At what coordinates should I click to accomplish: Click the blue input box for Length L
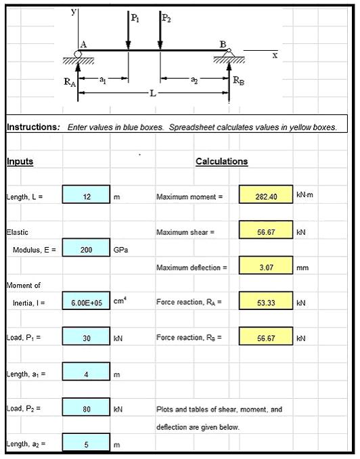[x=86, y=196]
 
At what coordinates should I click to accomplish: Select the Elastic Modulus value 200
[x=86, y=249]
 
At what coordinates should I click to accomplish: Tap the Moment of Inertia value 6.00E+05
[x=86, y=303]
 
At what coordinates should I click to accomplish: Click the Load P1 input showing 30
[x=86, y=337]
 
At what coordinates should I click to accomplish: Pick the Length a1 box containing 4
[x=86, y=372]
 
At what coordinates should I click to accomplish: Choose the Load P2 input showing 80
[x=86, y=408]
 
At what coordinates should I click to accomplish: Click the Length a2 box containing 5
[x=86, y=444]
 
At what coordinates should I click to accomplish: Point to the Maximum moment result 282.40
[x=265, y=196]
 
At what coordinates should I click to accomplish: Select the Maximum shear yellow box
[x=265, y=232]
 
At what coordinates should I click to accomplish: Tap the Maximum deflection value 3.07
[x=265, y=267]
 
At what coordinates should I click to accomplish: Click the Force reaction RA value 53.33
[x=265, y=303]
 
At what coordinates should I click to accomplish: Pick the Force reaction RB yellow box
[x=265, y=337]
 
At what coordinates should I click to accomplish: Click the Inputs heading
[x=20, y=161]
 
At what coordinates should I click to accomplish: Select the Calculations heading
[x=221, y=161]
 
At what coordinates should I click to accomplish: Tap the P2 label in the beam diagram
[x=166, y=19]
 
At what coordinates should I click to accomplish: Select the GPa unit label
[x=120, y=250]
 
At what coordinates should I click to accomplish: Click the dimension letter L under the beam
[x=152, y=93]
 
